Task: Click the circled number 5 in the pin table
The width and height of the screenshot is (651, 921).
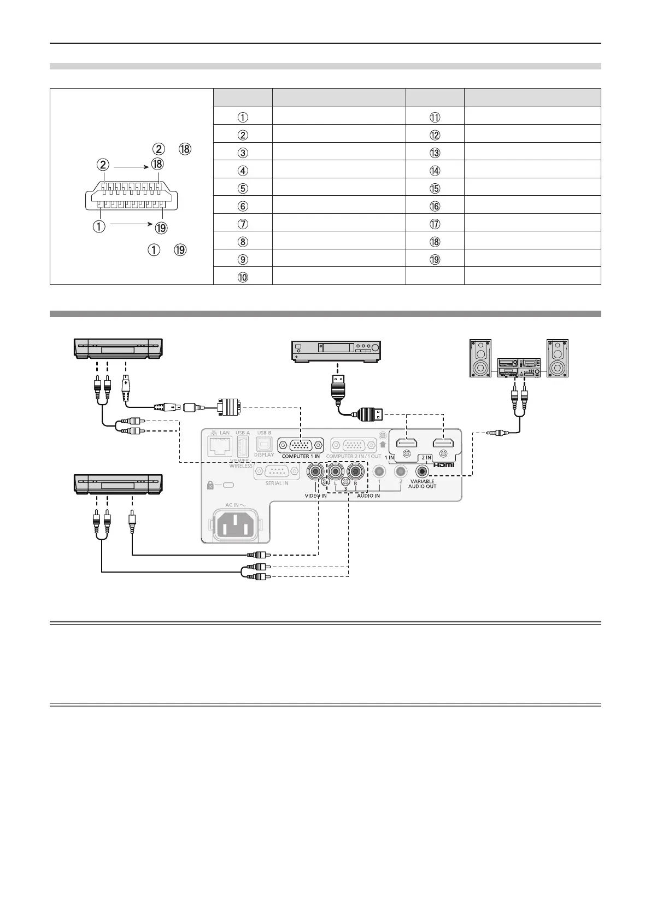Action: [243, 188]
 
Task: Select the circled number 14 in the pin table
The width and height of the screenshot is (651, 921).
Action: [435, 170]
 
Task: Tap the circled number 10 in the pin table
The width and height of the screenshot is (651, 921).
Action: [243, 277]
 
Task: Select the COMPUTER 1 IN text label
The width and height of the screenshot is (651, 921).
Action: [301, 456]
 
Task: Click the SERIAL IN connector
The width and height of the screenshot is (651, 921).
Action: [277, 471]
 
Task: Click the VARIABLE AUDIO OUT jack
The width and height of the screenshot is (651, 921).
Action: [421, 471]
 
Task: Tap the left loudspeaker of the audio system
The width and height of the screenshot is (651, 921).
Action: [481, 358]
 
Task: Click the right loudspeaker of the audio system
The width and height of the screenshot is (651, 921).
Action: [559, 358]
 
